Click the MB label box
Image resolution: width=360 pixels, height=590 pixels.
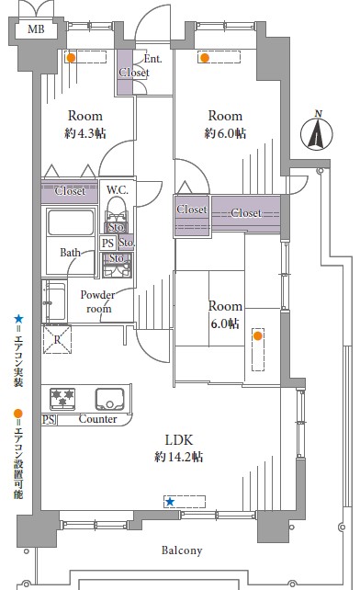pos(36,29)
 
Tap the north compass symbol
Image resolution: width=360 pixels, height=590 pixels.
pos(316,133)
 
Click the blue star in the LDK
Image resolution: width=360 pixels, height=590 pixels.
pos(170,502)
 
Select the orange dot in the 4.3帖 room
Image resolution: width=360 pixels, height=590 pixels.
pos(71,58)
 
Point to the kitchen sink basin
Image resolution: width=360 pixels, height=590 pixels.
pos(109,399)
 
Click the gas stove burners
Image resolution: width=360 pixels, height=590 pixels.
pos(62,399)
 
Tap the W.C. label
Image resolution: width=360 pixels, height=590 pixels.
pos(117,190)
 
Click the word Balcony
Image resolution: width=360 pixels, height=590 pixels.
pos(182,550)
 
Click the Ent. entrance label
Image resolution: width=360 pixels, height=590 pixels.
pos(152,59)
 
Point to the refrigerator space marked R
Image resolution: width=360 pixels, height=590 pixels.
pos(57,339)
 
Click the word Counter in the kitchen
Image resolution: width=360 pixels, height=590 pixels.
pos(97,419)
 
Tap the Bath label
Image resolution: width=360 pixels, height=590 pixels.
pos(70,252)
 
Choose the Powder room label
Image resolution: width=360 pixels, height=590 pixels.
pos(97,301)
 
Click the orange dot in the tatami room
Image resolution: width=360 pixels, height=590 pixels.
pos(258,335)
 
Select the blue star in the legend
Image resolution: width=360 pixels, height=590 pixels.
pos(18,320)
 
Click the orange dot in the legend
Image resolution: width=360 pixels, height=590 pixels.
pos(18,414)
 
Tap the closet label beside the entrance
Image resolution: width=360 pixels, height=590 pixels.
pos(134,73)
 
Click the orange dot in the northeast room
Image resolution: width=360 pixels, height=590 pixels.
pos(205,58)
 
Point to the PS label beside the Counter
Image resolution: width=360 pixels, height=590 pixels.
pos(48,419)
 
